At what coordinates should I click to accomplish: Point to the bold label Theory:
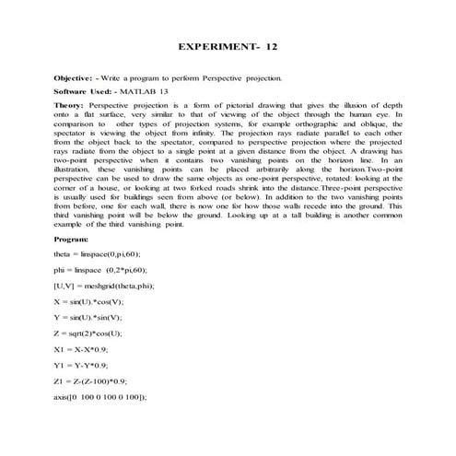71,107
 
